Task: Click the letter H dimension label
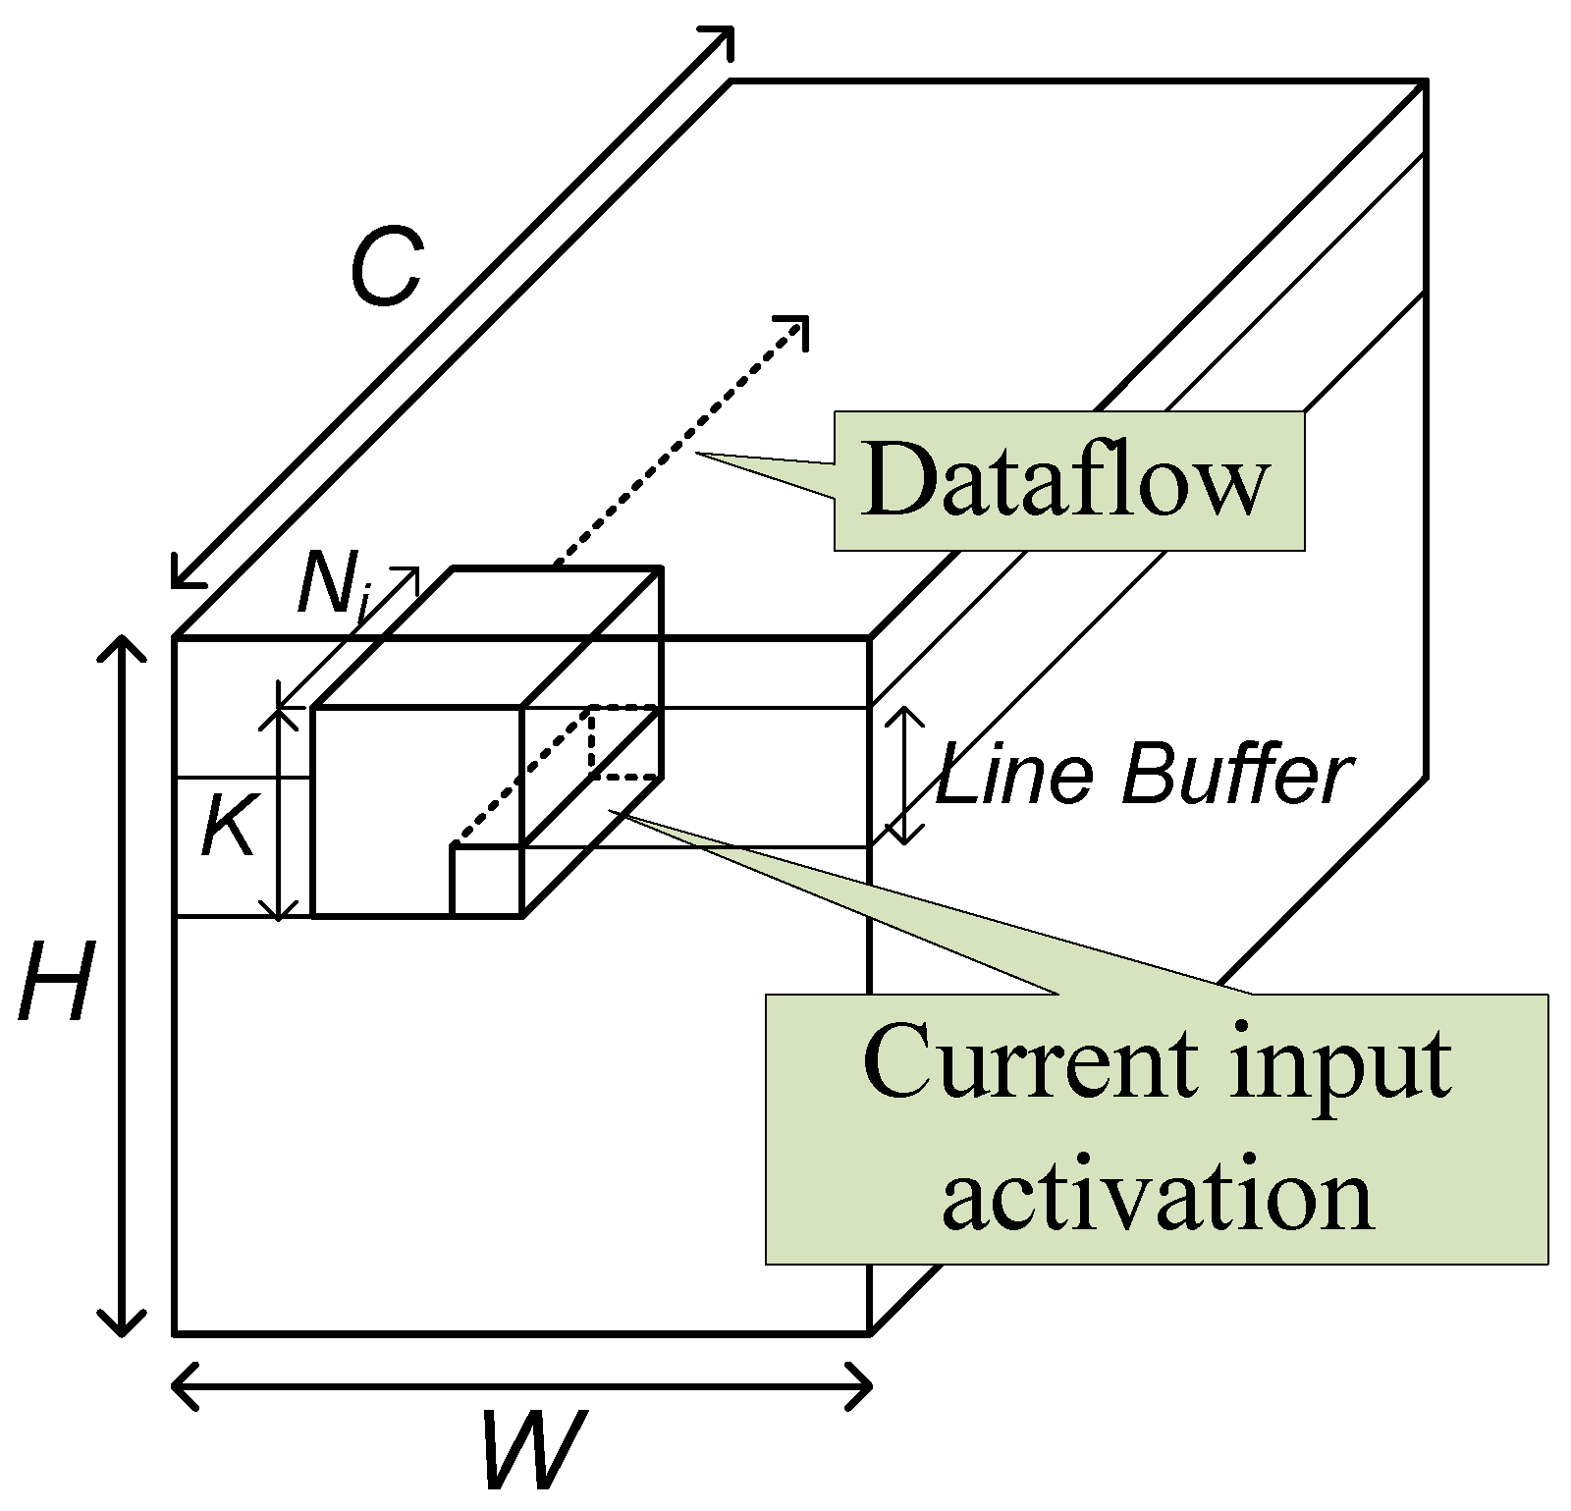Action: (56, 982)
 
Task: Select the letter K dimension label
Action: (228, 828)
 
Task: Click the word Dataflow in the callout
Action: (1065, 480)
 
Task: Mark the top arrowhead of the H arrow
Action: (122, 648)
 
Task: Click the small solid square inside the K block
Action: (486, 880)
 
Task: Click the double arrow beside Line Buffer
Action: (905, 776)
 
